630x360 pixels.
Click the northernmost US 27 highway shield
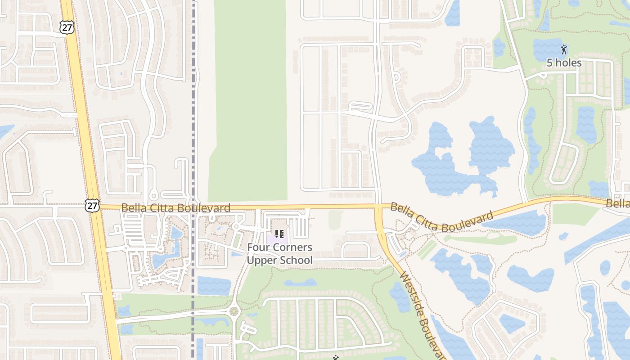[x=66, y=27]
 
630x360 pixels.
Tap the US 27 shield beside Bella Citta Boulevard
[x=91, y=206]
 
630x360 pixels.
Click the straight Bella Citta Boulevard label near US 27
[x=175, y=208]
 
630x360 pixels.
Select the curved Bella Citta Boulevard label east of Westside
[x=441, y=217]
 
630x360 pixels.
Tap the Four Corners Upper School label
[x=279, y=254]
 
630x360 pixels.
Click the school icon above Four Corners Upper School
[x=279, y=234]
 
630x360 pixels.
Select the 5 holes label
[x=564, y=63]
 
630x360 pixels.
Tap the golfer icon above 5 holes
[x=564, y=49]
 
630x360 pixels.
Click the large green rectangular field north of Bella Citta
[x=250, y=99]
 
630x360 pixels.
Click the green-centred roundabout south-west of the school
[x=234, y=311]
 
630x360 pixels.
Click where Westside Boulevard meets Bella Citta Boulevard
[x=378, y=207]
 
